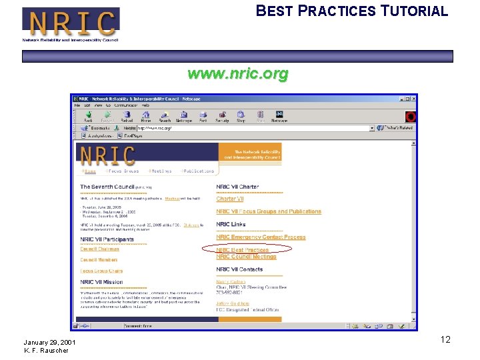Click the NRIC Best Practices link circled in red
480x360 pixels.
(242, 250)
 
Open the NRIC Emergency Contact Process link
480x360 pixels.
(261, 237)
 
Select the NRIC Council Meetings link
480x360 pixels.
(246, 257)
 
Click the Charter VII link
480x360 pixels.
(230, 199)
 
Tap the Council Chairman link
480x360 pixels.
(99, 249)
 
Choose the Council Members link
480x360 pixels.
(99, 260)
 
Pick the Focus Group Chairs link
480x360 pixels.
(101, 271)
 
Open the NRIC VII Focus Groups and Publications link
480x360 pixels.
(269, 211)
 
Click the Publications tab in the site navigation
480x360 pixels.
(199, 171)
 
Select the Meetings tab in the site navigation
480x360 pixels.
(160, 171)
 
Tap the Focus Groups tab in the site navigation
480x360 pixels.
(123, 171)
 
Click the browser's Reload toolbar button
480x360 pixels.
(127, 117)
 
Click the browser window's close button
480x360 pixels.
(412, 99)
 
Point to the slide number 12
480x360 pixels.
(445, 340)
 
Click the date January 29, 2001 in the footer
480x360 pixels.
(49, 343)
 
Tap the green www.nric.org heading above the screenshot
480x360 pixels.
(238, 74)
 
